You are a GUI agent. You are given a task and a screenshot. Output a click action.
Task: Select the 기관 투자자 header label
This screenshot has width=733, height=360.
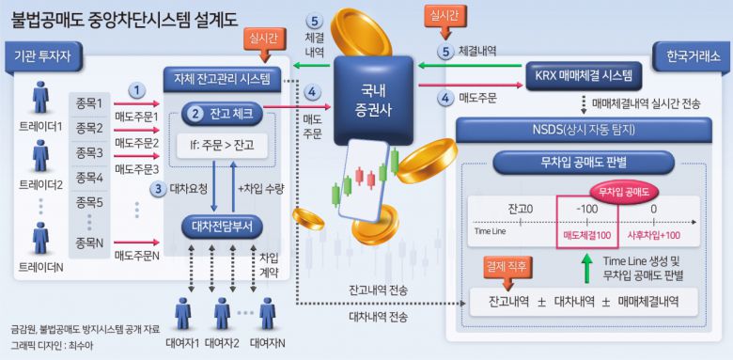(44, 55)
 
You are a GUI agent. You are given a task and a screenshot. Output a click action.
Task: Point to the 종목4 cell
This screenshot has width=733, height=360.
(90, 177)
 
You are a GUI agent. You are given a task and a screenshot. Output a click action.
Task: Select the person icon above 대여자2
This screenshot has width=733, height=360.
(222, 313)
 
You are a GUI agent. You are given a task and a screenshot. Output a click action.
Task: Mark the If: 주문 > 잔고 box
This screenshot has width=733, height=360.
(222, 146)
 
